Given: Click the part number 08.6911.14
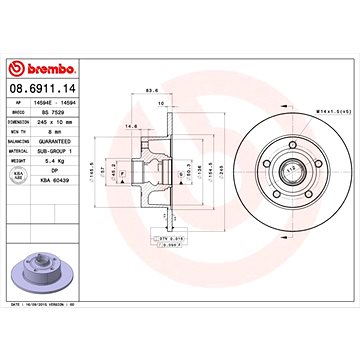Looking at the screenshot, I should coord(41,90).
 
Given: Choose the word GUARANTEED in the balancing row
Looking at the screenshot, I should coord(80,140).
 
